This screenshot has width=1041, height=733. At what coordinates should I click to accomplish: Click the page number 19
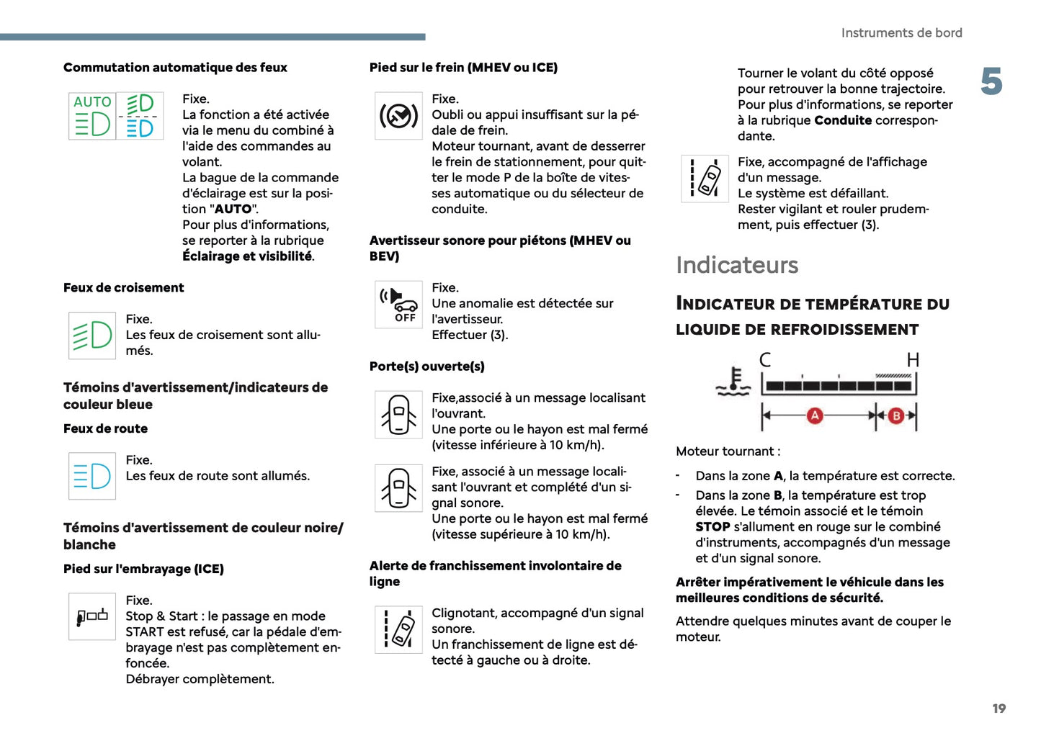(x=998, y=709)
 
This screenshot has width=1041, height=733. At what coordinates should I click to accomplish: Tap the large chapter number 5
(x=991, y=81)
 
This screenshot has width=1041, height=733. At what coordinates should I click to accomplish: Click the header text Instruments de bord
(x=901, y=33)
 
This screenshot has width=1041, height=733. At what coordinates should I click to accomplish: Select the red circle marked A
(x=815, y=415)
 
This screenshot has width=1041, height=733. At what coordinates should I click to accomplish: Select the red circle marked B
(x=896, y=415)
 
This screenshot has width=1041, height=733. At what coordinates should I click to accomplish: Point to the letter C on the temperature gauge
(x=765, y=360)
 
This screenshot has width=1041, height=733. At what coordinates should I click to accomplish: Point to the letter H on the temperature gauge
(x=913, y=360)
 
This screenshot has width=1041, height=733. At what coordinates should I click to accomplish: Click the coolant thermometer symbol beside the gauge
(x=733, y=382)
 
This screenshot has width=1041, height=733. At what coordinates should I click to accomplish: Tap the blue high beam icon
(x=92, y=476)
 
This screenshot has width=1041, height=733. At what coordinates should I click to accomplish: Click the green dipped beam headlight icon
(x=92, y=336)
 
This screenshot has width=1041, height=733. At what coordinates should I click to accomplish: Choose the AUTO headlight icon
(x=92, y=115)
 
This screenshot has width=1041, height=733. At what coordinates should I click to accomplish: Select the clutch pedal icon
(x=92, y=616)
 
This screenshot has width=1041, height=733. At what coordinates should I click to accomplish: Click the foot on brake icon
(x=398, y=115)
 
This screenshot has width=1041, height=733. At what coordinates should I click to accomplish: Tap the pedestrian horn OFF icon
(x=398, y=305)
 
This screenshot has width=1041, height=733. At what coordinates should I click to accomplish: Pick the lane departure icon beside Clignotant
(x=398, y=629)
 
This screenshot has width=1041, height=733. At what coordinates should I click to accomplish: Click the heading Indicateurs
(x=736, y=265)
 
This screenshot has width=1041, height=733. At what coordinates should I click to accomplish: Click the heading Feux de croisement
(x=123, y=288)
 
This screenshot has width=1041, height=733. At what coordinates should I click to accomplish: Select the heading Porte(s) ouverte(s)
(x=426, y=366)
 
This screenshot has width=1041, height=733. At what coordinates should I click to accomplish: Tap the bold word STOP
(x=712, y=527)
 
